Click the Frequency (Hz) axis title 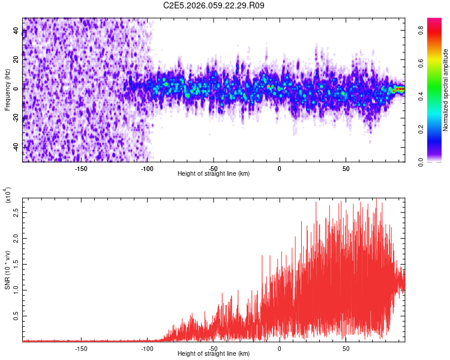(7, 90)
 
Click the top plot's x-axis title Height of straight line (214, 173)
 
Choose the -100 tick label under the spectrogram (147, 167)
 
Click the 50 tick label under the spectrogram (346, 167)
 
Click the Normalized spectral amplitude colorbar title (446, 90)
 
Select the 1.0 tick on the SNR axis (16, 290)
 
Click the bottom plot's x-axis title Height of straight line (214, 354)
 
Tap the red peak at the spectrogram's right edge (400, 89)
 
